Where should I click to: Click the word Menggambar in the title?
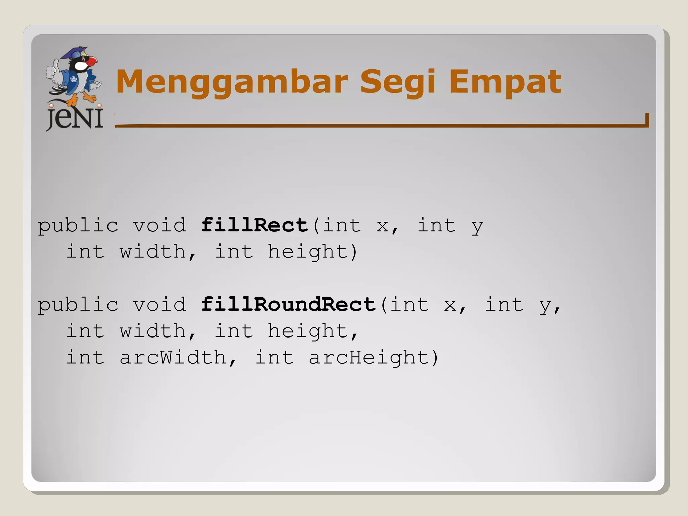click(232, 82)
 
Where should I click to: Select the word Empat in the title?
click(505, 82)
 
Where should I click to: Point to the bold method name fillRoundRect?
click(288, 304)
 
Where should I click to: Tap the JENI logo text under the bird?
click(75, 118)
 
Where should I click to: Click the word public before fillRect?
click(78, 226)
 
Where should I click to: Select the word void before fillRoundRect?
click(160, 304)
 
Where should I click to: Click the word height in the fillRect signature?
click(308, 252)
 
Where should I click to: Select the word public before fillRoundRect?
click(78, 305)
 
